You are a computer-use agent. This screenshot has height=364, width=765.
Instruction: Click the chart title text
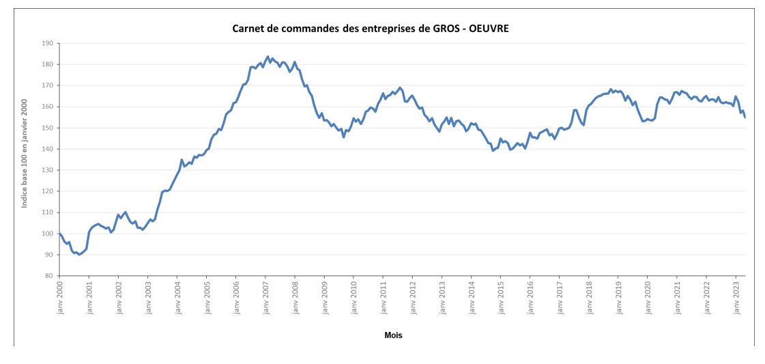point(371,29)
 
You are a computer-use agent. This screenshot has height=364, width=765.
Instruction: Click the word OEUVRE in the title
point(489,29)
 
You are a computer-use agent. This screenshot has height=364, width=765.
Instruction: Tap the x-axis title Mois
point(393,335)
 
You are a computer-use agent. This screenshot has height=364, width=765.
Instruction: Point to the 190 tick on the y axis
point(47,43)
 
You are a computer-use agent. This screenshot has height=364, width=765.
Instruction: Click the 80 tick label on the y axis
point(49,276)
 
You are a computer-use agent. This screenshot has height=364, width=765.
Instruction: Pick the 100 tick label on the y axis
point(47,234)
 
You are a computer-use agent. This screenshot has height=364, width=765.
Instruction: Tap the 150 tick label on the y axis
point(47,128)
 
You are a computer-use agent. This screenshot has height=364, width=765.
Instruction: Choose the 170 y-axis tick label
point(47,85)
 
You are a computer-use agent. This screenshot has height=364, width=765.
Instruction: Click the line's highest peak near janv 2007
point(268,57)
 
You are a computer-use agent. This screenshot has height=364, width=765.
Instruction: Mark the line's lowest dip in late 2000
point(79,254)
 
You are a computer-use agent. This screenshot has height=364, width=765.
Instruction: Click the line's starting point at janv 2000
point(60,234)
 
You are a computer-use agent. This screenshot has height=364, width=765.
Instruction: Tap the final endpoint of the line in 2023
point(745,117)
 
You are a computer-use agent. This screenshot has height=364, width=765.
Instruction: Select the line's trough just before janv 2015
point(493,150)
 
